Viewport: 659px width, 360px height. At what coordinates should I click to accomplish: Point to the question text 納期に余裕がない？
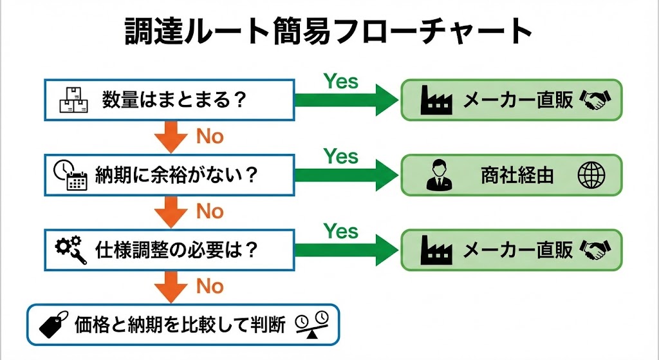(177, 175)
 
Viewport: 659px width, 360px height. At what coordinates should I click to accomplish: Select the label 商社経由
(517, 176)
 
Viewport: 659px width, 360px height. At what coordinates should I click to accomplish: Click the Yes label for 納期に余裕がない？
(340, 156)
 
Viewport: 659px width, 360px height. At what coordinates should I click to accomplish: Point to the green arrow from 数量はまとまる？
(344, 100)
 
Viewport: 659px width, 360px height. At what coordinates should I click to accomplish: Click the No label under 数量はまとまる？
(209, 137)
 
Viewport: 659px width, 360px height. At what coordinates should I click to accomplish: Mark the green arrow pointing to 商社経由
(344, 175)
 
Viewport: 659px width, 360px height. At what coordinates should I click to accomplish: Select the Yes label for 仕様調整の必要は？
(340, 231)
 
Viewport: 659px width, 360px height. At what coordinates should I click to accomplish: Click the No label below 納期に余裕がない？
(209, 211)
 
